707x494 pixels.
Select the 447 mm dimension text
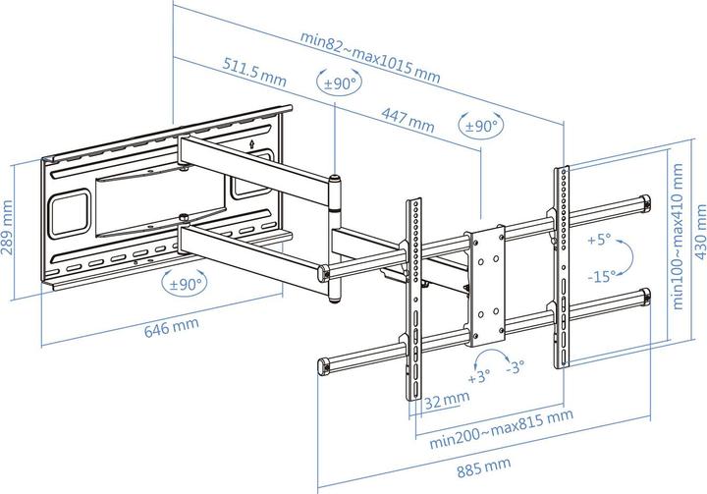point(408,121)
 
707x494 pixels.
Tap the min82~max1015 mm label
point(371,55)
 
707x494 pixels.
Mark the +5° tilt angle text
point(597,239)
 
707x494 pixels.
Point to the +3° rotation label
point(478,377)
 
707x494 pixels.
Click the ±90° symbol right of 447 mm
point(481,126)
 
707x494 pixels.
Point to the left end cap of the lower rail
point(321,368)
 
